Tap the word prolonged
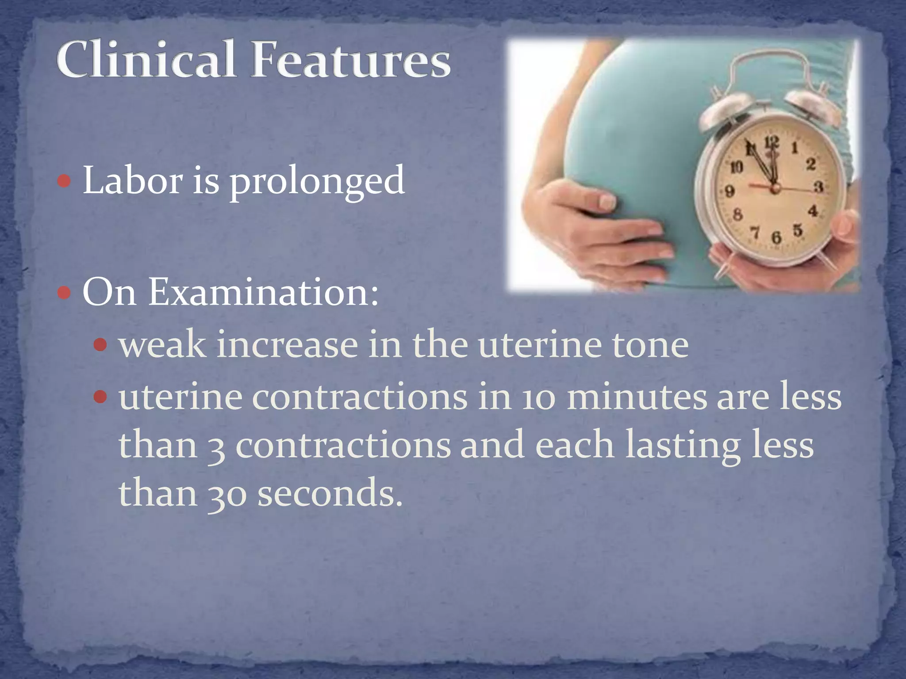click(x=317, y=181)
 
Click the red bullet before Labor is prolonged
click(x=65, y=181)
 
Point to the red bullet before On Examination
click(x=65, y=293)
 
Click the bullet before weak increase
click(x=101, y=344)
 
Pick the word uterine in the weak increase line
click(x=540, y=345)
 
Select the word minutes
click(x=637, y=397)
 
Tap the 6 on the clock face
click(x=776, y=238)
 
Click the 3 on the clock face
click(x=819, y=187)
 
